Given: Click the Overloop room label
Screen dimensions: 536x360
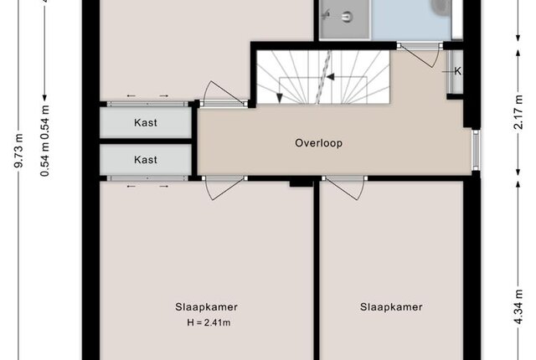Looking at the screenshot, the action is click(318, 143).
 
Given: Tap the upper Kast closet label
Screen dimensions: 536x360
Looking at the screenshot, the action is click(146, 122).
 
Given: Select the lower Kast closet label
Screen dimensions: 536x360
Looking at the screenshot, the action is click(146, 160).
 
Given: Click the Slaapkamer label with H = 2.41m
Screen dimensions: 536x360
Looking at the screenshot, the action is click(207, 306).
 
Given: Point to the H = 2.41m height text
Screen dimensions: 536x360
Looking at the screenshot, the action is click(209, 322).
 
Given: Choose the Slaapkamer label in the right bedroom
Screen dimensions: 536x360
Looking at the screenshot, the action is click(391, 306).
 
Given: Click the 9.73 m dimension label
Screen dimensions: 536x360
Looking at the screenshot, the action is click(18, 151).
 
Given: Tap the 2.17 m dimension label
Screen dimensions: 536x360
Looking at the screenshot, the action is click(518, 112).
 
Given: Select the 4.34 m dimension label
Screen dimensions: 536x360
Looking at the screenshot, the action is click(518, 306).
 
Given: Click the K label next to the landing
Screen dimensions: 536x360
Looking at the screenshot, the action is click(457, 71).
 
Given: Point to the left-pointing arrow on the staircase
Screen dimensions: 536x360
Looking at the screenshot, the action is click(329, 77).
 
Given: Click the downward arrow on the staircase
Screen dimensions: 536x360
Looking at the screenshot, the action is click(279, 98).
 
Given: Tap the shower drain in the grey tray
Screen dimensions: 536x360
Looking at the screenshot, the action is click(348, 17).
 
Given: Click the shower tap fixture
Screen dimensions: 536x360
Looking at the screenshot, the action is click(327, 14).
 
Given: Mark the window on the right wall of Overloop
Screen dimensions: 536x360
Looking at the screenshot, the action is click(476, 150).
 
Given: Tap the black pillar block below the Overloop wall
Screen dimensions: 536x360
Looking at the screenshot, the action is click(301, 183).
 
